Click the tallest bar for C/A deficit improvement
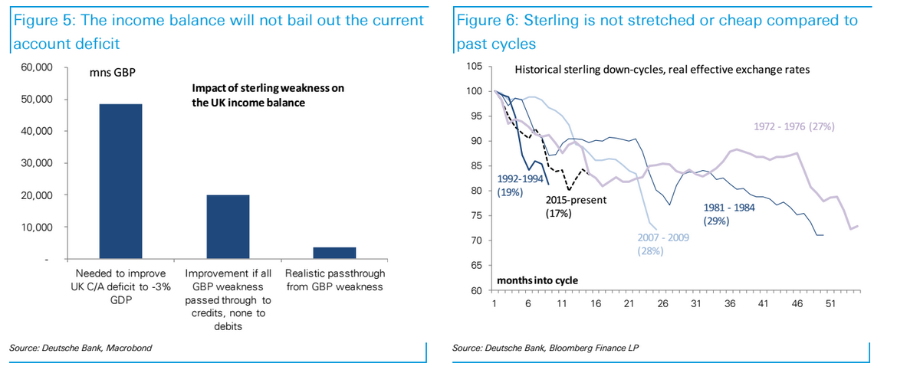pyautogui.click(x=120, y=182)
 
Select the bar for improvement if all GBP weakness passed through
pyautogui.click(x=228, y=227)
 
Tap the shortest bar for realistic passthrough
pyautogui.click(x=335, y=253)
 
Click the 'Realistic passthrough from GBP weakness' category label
pyautogui.click(x=335, y=280)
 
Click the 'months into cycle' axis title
pyautogui.click(x=537, y=280)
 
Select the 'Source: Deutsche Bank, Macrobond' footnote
pyautogui.click(x=80, y=348)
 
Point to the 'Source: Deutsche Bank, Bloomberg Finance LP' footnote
pyautogui.click(x=546, y=348)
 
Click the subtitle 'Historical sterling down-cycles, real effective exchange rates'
pyautogui.click(x=662, y=69)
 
